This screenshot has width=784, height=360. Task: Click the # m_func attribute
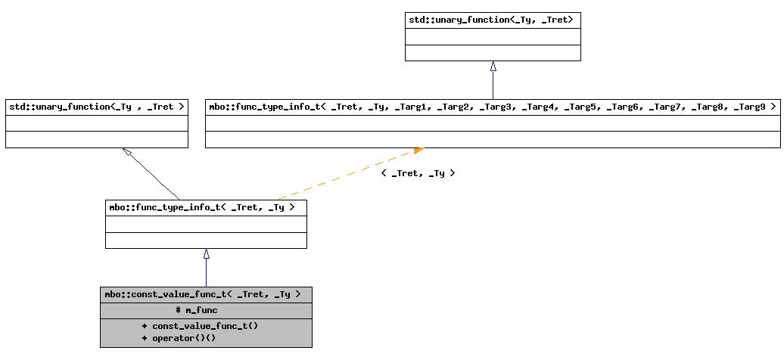coord(197,310)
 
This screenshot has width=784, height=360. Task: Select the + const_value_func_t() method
coord(194,326)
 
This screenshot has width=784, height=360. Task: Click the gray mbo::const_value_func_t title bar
coord(205,294)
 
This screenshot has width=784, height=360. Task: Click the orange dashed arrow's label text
coord(418,173)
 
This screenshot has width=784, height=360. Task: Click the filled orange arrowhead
coord(418,151)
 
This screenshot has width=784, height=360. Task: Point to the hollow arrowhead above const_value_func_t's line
coord(206,255)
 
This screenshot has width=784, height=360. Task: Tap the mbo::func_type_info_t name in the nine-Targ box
coord(263,107)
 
